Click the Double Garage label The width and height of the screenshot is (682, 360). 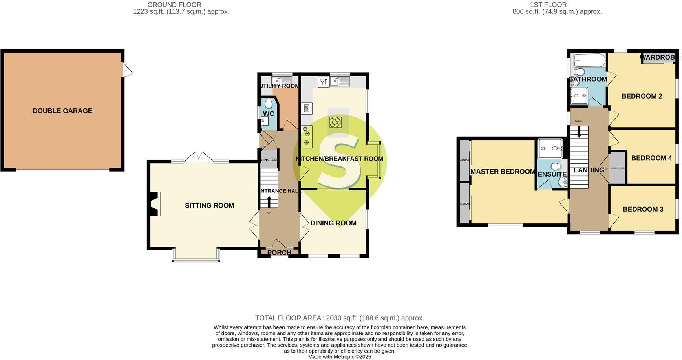[x=62, y=111]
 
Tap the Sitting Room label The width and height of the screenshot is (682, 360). [x=209, y=206]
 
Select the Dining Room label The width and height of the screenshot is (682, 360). [x=333, y=223]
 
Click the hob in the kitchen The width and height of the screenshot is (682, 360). [x=335, y=122]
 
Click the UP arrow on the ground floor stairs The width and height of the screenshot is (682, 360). [x=269, y=201]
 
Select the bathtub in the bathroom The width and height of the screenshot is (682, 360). [x=589, y=60]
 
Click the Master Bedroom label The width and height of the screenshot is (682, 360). [x=503, y=172]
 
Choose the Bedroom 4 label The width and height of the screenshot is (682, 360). [x=651, y=158]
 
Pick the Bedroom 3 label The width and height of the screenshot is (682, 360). [x=643, y=209]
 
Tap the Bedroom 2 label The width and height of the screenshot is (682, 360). [x=642, y=96]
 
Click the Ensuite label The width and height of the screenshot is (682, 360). [x=552, y=174]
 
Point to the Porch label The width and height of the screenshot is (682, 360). [x=279, y=252]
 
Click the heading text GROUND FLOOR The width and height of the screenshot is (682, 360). [x=174, y=5]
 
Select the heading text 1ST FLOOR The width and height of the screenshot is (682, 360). [x=548, y=5]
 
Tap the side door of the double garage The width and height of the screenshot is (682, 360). [x=127, y=70]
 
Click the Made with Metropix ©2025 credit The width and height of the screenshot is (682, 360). [x=339, y=357]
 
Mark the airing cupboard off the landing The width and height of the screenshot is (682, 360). [x=618, y=168]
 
